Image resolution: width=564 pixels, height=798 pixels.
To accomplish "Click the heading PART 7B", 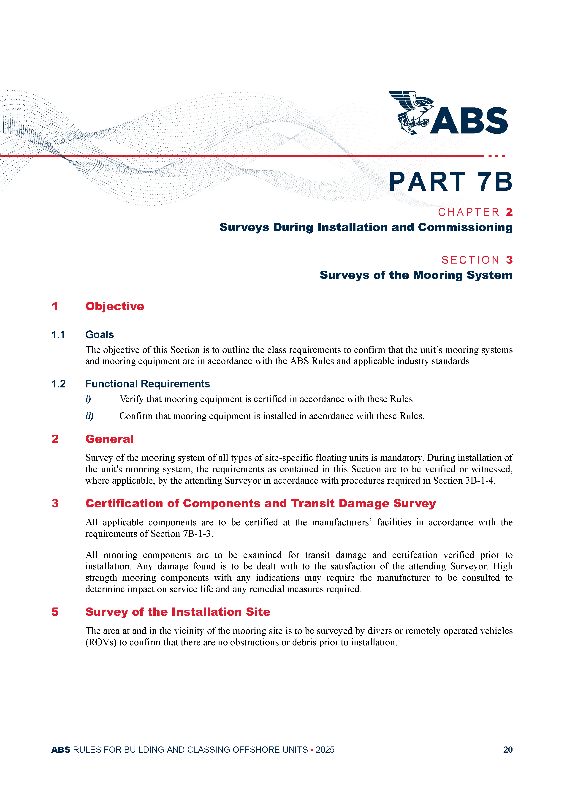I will (x=450, y=182).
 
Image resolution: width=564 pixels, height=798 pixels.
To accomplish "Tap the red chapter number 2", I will (x=509, y=212).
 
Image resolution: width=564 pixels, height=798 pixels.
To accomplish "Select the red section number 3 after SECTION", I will (x=509, y=260).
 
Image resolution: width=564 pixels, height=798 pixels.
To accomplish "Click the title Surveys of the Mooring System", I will (x=416, y=275).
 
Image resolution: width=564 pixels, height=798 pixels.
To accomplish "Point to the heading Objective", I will (x=115, y=306).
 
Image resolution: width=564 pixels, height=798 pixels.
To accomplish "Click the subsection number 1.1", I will (x=58, y=335).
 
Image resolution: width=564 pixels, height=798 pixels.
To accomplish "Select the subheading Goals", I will (x=100, y=335).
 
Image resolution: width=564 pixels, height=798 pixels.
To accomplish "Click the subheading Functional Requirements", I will (x=148, y=384).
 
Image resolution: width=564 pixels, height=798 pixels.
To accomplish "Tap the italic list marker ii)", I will (x=89, y=416).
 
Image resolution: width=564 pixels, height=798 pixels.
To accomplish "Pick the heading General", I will (x=109, y=439).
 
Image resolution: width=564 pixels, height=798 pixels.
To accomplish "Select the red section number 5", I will (x=55, y=612).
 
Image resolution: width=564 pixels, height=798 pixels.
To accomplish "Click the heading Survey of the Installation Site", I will (x=178, y=612).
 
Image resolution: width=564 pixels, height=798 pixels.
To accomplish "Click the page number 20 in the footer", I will (x=508, y=750).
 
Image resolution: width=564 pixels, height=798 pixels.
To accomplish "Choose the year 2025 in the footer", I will (x=325, y=750).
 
